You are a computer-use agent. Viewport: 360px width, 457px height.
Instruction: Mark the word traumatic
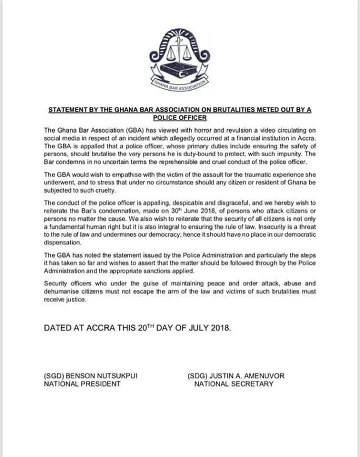point(263,174)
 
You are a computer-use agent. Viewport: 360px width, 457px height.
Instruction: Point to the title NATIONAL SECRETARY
point(233,384)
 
